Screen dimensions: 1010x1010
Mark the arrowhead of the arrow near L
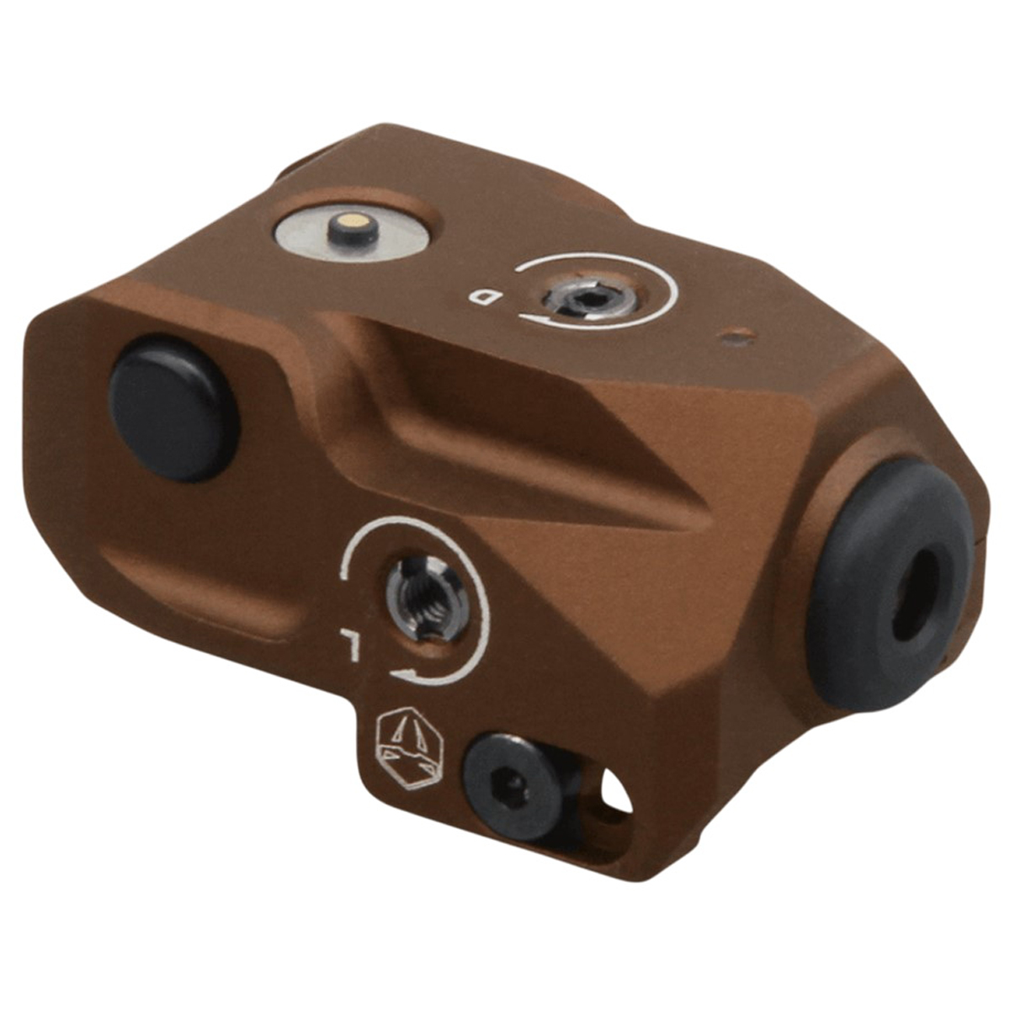[x=405, y=674]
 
